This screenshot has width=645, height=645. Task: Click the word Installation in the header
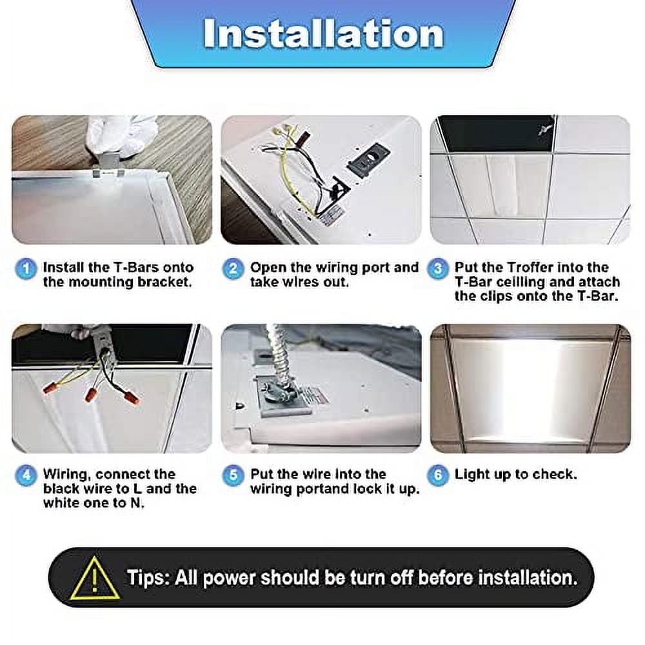click(323, 34)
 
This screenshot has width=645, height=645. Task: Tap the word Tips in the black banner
click(148, 577)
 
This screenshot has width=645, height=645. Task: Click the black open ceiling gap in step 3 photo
click(497, 134)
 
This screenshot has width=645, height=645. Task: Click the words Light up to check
click(515, 475)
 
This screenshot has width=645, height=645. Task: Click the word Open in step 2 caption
click(268, 267)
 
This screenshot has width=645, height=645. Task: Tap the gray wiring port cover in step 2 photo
click(368, 158)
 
